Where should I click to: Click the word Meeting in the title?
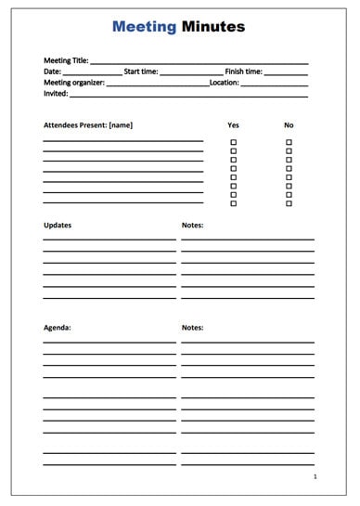(x=144, y=27)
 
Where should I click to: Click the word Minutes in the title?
(x=213, y=27)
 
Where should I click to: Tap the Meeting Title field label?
(x=66, y=60)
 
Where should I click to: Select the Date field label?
(x=52, y=71)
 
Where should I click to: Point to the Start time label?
(x=141, y=71)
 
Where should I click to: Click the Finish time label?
(x=243, y=71)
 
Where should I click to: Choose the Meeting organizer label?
(x=74, y=83)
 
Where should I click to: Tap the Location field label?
(x=225, y=83)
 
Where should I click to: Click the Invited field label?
(x=56, y=94)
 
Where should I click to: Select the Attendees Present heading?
(x=88, y=124)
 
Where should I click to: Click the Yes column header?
(x=233, y=124)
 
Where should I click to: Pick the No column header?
(x=289, y=124)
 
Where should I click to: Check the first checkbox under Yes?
(x=233, y=142)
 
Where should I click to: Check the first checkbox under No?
(x=289, y=142)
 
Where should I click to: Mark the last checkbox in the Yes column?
(x=233, y=203)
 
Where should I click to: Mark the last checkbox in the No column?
(x=289, y=203)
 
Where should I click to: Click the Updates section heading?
(x=58, y=225)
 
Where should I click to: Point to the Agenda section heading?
(x=58, y=328)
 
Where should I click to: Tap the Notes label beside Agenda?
(x=192, y=328)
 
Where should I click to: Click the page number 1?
(x=315, y=476)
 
